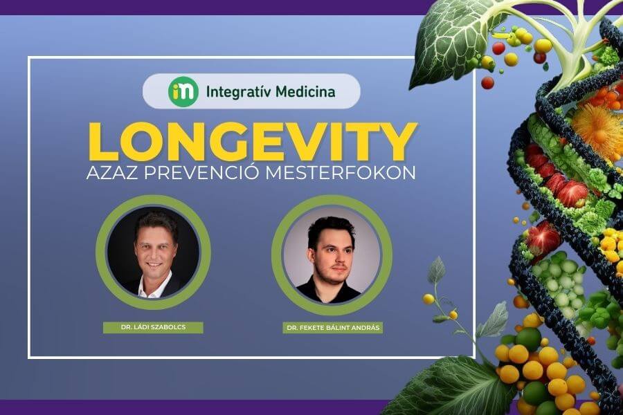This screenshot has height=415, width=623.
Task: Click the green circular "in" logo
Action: [183, 91]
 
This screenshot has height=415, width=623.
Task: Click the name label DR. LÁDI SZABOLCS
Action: [153, 328]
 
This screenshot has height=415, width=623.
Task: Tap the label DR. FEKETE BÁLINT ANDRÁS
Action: [333, 328]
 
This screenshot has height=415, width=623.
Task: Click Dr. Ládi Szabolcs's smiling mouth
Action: [154, 264]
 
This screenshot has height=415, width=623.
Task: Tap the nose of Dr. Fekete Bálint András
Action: [333, 260]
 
